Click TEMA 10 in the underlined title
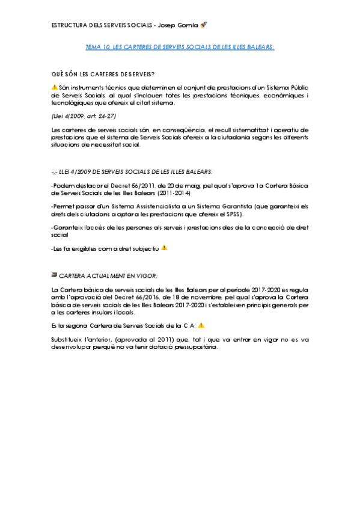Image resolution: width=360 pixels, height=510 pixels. [x=97, y=46]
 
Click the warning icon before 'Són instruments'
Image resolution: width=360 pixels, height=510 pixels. [x=55, y=88]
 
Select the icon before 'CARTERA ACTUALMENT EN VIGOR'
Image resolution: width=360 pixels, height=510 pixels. [x=55, y=275]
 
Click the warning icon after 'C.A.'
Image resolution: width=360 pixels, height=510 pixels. [x=201, y=325]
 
